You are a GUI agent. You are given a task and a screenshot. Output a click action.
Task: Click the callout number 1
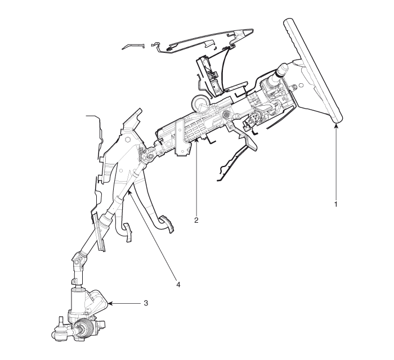click(335, 204)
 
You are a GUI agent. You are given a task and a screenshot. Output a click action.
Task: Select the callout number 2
click(196, 220)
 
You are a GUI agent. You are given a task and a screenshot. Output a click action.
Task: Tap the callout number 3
click(146, 303)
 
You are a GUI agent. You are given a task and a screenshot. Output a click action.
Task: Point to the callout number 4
click(178, 285)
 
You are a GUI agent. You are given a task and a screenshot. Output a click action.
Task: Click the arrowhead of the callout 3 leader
click(110, 304)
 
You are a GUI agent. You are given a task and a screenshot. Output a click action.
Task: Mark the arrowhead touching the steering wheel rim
click(336, 125)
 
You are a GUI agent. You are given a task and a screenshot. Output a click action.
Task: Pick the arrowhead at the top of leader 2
click(197, 140)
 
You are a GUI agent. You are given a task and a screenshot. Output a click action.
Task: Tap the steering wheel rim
click(313, 71)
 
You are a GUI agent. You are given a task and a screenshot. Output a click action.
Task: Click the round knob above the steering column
click(199, 102)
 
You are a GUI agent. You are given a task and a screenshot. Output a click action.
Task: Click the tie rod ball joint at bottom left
click(59, 332)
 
